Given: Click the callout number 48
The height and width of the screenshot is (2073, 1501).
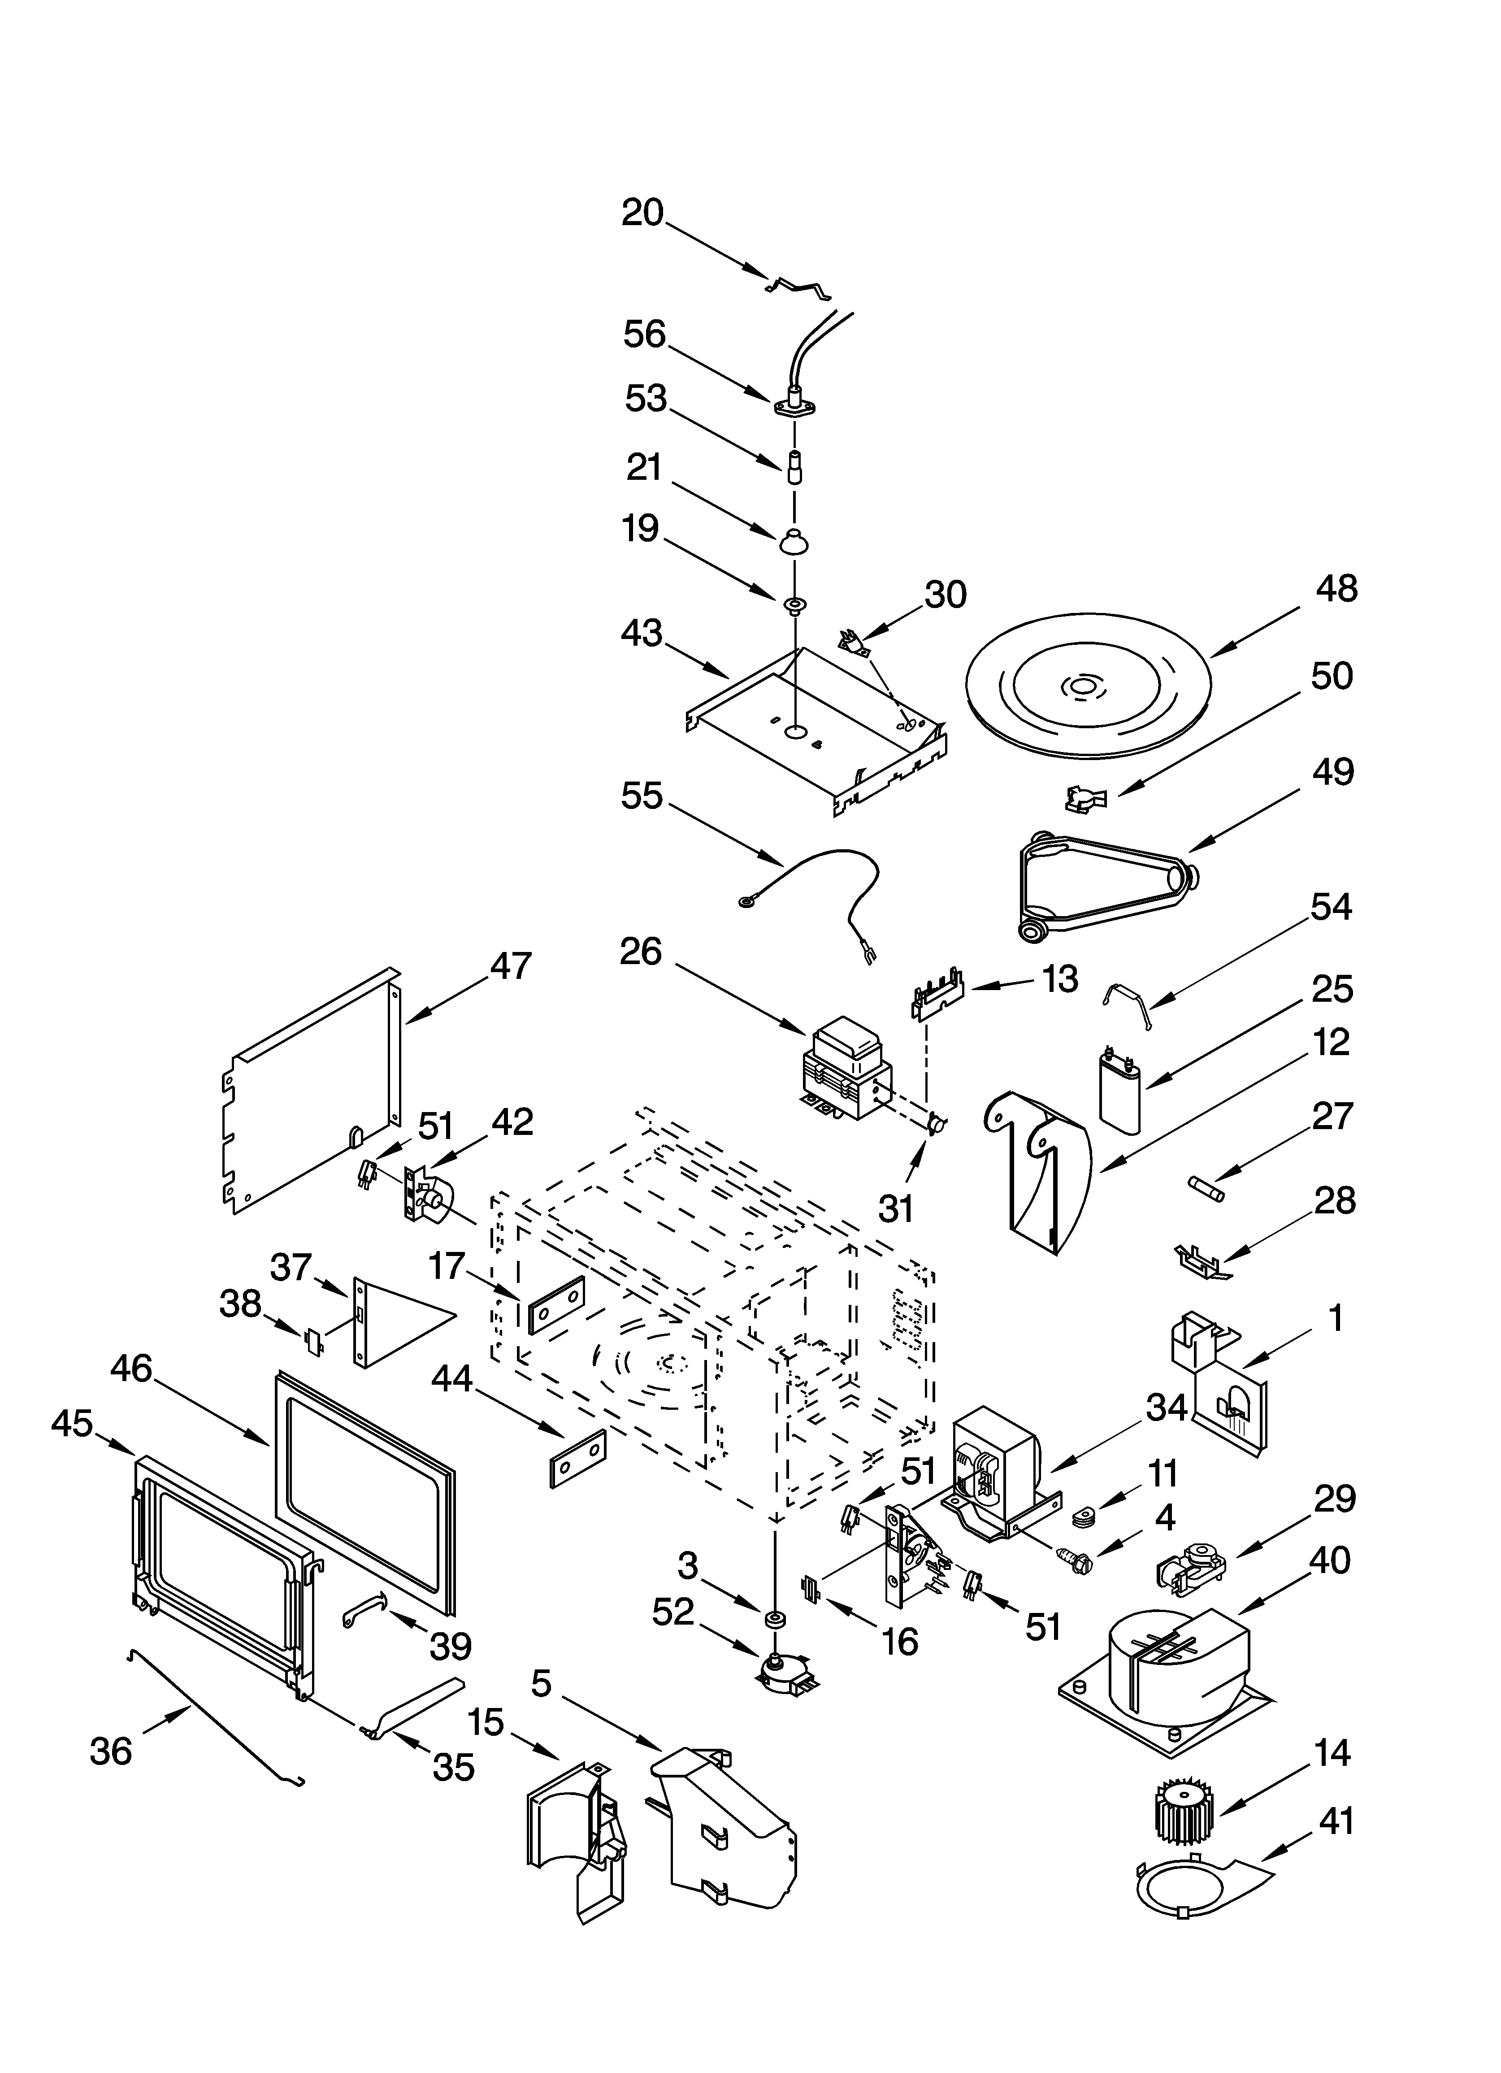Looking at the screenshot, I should click(1336, 590).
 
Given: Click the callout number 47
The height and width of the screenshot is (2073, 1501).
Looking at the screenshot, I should click(510, 966).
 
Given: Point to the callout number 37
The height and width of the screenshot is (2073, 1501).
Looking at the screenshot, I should click(291, 1268).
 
